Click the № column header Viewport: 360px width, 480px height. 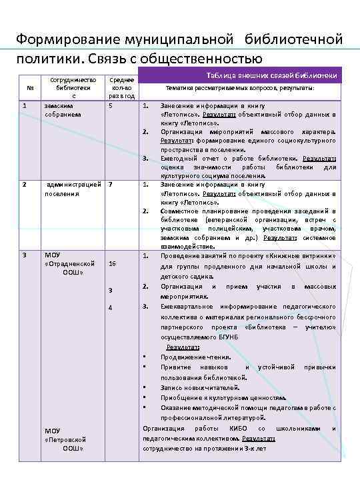pos(29,88)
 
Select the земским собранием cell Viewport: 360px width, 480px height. pos(62,110)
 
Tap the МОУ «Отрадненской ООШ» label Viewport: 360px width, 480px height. pos(65,263)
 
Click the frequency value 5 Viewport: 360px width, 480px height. pos(111,105)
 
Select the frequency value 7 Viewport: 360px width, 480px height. pos(111,184)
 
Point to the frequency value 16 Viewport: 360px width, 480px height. pos(112,264)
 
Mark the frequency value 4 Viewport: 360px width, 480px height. pos(111,307)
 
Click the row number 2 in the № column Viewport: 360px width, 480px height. pos(25,184)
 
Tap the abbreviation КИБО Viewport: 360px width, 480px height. pos(237,428)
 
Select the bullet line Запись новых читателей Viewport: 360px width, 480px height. pos(199,387)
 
